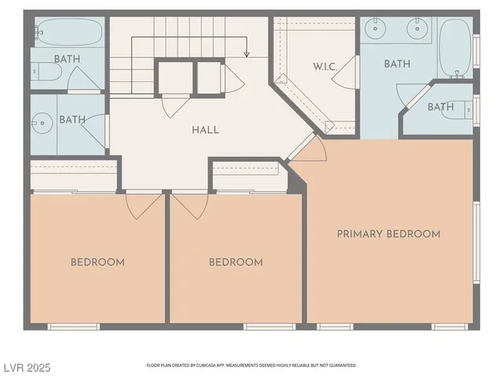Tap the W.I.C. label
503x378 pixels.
[x=325, y=67]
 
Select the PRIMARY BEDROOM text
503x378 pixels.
[x=388, y=234]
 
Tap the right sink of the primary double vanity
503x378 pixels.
[x=417, y=30]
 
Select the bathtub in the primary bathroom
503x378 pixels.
[x=454, y=46]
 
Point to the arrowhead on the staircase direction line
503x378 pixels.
[x=247, y=54]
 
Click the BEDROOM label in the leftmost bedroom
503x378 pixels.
[x=97, y=262]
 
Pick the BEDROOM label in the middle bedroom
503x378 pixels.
[x=236, y=262]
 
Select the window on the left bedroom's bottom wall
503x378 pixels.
[x=73, y=326]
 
